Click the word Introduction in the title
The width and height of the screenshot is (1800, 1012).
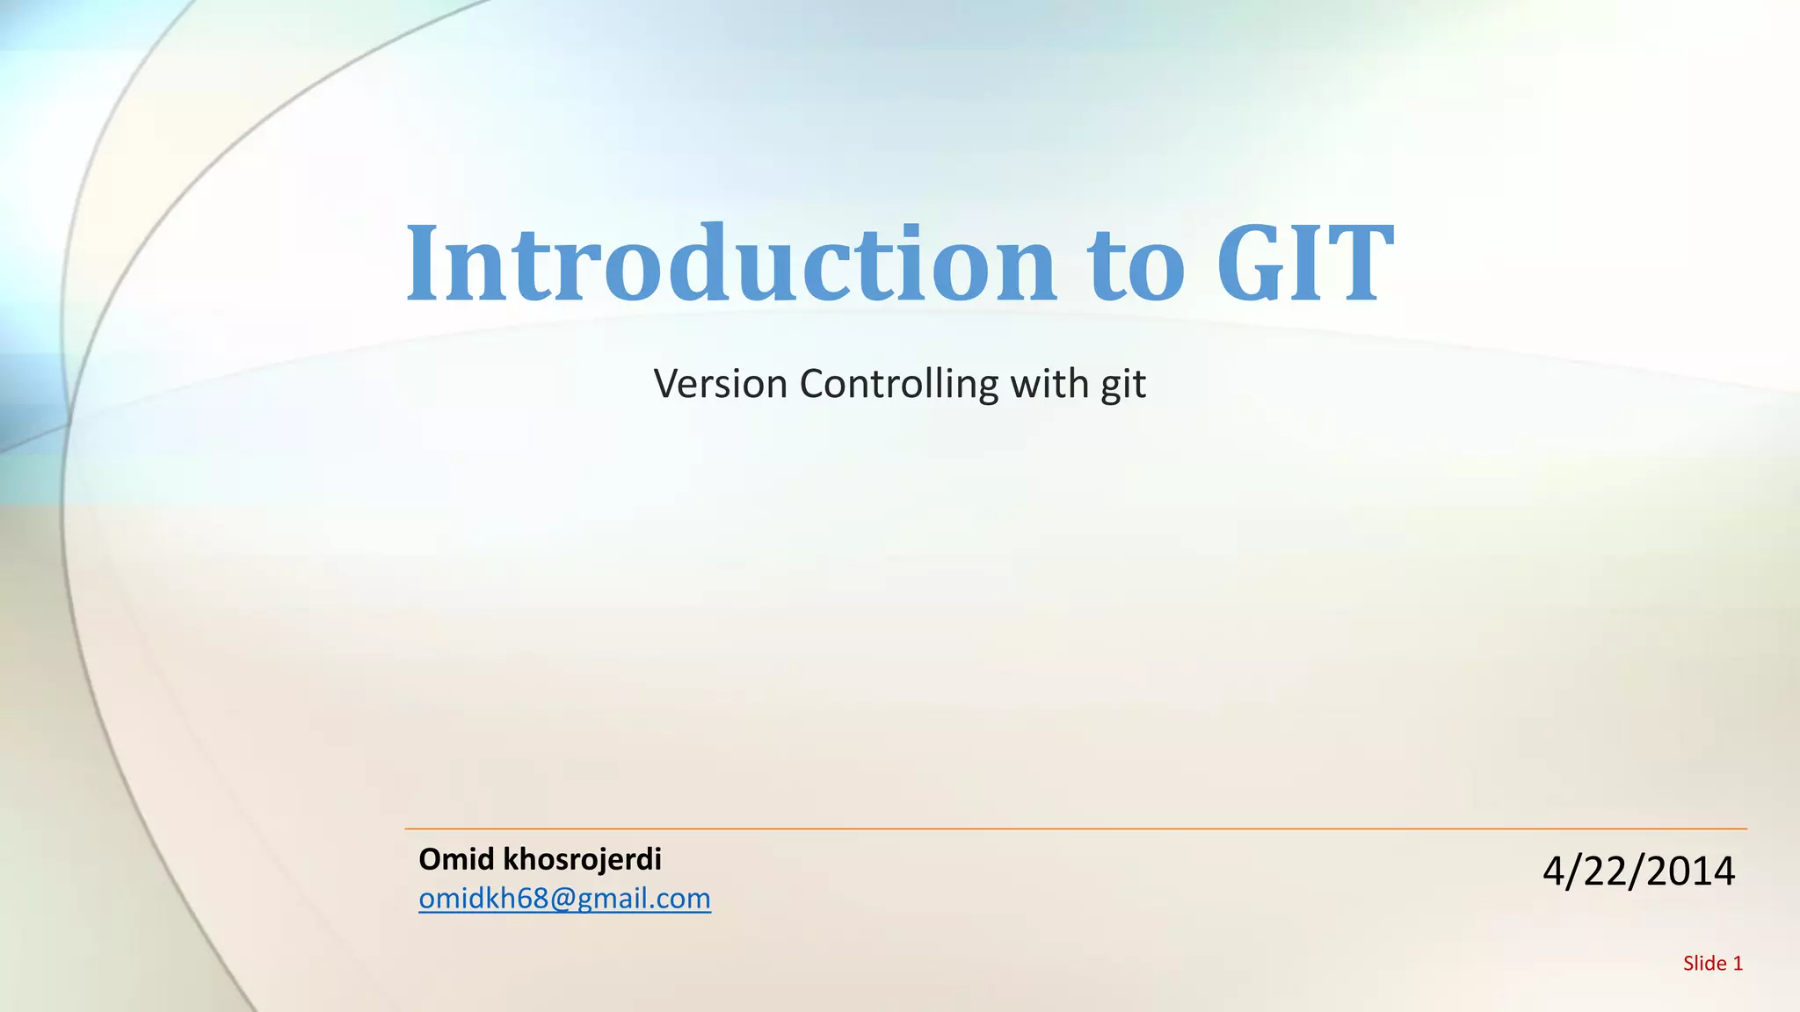pyautogui.click(x=729, y=264)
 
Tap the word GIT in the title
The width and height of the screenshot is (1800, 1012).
pyautogui.click(x=1304, y=264)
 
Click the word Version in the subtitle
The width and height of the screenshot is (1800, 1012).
pyautogui.click(x=720, y=384)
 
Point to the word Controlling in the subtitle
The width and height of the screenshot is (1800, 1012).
pyautogui.click(x=898, y=384)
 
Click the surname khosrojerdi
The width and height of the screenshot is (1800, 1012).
pyautogui.click(x=581, y=859)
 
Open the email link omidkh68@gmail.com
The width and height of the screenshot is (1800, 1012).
pyautogui.click(x=564, y=899)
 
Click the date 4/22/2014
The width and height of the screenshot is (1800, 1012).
pyautogui.click(x=1638, y=871)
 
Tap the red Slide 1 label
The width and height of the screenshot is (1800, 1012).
pyautogui.click(x=1712, y=964)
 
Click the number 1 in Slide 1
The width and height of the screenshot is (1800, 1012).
pyautogui.click(x=1738, y=964)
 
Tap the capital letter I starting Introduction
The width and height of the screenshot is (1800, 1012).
pyautogui.click(x=423, y=264)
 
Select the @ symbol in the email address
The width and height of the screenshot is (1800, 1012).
pyautogui.click(x=562, y=899)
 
